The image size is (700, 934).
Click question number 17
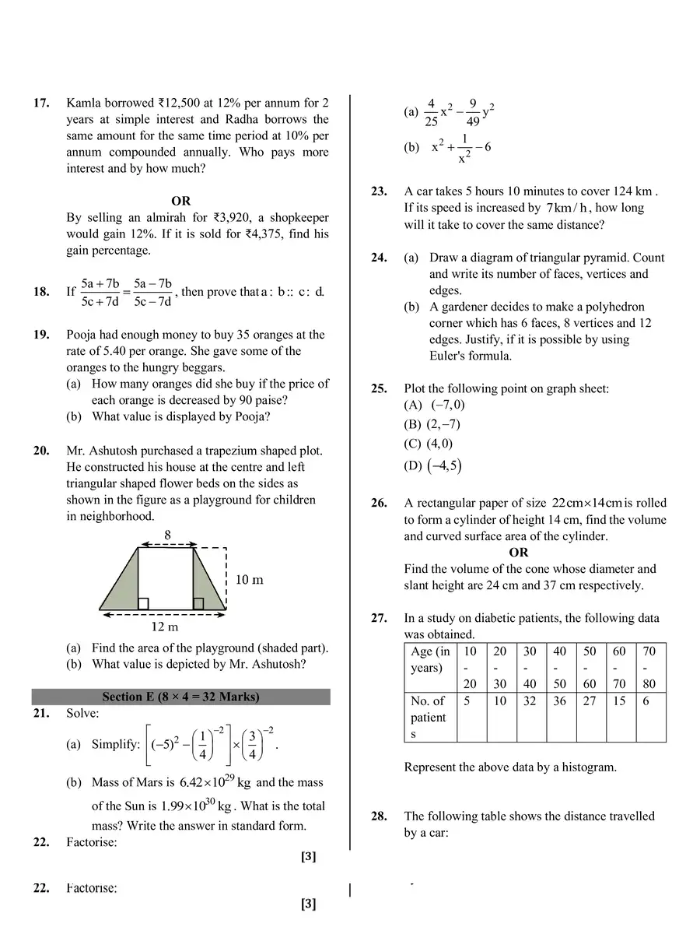[x=40, y=103]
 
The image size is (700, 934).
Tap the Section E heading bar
[x=180, y=697]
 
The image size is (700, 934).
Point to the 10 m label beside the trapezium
[x=249, y=580]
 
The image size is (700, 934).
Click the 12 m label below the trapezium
[x=165, y=627]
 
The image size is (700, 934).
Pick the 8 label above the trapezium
[x=167, y=535]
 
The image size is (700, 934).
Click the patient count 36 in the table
[x=559, y=701]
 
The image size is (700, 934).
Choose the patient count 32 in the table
[x=530, y=701]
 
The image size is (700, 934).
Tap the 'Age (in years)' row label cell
[x=430, y=660]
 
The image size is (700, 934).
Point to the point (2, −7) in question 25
[x=443, y=425]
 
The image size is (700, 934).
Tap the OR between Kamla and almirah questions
[x=180, y=202]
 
